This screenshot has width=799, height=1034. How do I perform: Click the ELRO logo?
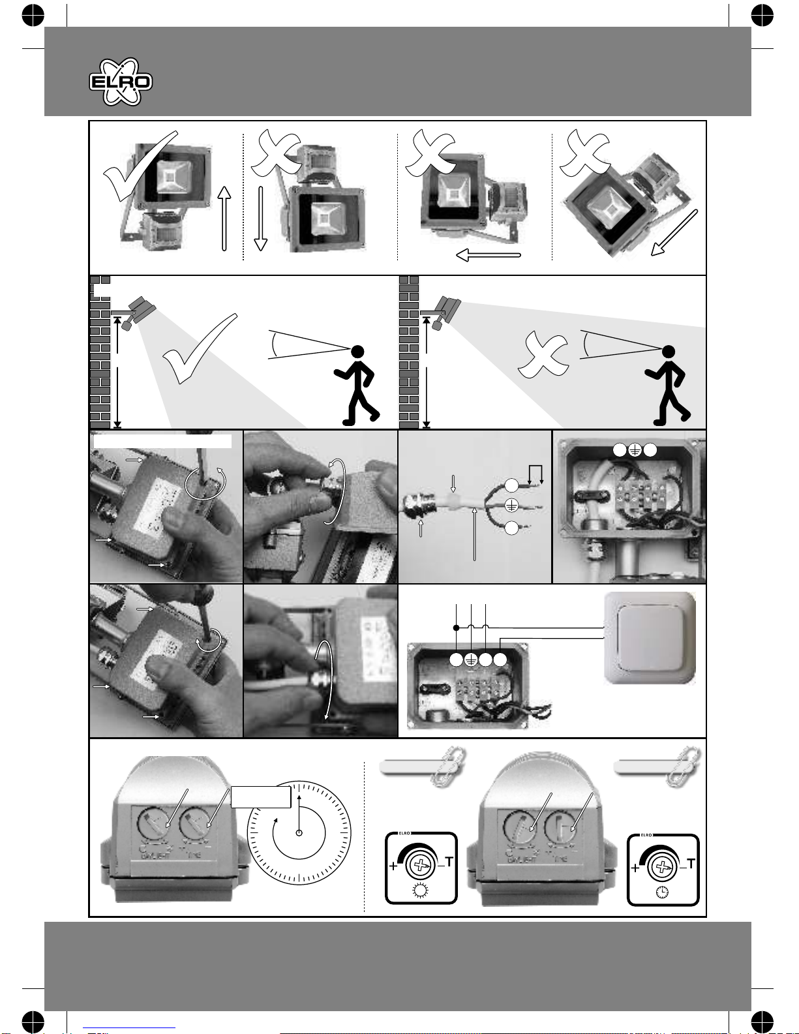121,82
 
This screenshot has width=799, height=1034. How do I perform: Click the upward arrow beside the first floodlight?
224,218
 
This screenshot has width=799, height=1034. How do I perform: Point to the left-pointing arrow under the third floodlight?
489,255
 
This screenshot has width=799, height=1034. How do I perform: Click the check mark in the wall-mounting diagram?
198,349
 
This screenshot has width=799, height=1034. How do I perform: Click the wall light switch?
650,637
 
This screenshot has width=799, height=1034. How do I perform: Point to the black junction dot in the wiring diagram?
456,628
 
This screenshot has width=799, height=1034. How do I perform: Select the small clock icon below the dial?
662,892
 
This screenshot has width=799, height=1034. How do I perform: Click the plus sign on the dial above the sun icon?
393,867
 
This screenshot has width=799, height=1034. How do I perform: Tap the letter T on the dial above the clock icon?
691,864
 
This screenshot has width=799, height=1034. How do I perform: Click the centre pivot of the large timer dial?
299,833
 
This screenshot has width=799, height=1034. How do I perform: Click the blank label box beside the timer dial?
261,797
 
